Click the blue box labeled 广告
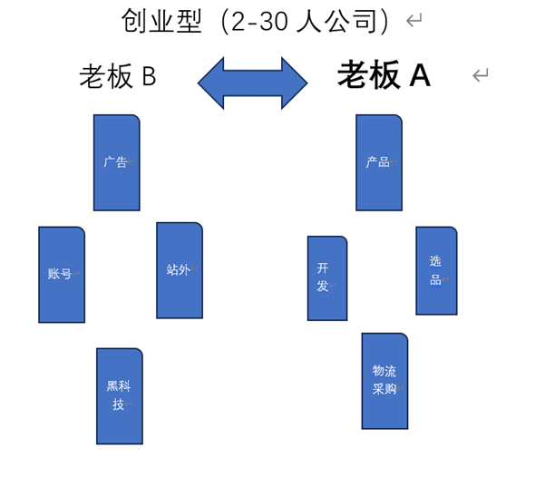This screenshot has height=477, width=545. click(x=117, y=162)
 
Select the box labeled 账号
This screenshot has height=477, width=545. click(x=62, y=275)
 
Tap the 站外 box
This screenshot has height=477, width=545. click(x=180, y=270)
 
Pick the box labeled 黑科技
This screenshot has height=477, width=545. click(x=120, y=396)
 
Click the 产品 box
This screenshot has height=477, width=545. click(x=379, y=162)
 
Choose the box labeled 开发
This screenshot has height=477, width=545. click(x=327, y=278)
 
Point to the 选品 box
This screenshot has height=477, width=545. click(x=436, y=271)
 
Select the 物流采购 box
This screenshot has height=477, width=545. click(x=384, y=381)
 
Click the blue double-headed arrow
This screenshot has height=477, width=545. click(x=253, y=83)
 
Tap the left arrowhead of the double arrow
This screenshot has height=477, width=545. click(x=211, y=83)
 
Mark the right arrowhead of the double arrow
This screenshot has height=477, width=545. click(x=295, y=83)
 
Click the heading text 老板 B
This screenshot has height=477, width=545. click(x=118, y=76)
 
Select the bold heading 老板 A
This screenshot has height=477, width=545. click(x=384, y=74)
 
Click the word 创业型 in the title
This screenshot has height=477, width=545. click(x=161, y=21)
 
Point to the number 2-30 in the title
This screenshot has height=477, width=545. click(x=259, y=21)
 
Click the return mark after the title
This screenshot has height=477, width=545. click(x=414, y=20)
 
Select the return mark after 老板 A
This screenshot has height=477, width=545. click(x=481, y=74)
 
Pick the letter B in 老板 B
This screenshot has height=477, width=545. click(x=149, y=76)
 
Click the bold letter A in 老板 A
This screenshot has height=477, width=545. click(x=420, y=75)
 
